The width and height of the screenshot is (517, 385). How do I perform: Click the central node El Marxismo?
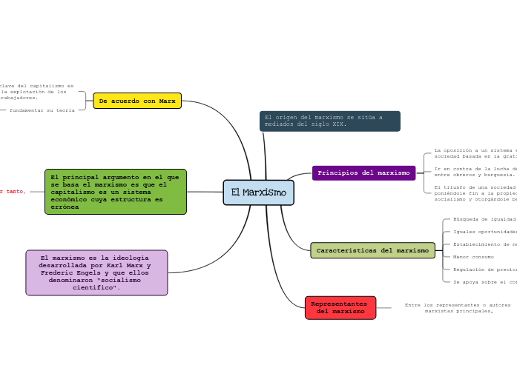pyautogui.click(x=258, y=192)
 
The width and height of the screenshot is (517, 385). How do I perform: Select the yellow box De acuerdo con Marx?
pyautogui.click(x=137, y=101)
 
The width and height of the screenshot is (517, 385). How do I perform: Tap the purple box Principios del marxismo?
pyautogui.click(x=363, y=173)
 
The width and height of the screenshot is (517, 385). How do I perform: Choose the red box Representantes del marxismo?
pyautogui.click(x=340, y=307)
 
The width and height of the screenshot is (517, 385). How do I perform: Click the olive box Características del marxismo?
pyautogui.click(x=372, y=250)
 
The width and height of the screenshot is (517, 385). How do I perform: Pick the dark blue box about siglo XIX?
pyautogui.click(x=329, y=121)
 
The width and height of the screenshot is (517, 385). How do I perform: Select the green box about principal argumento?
pyautogui.click(x=115, y=192)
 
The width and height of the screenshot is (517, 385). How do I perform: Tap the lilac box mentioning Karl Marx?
pyautogui.click(x=96, y=272)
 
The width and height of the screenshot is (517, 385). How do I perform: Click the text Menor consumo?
pyautogui.click(x=473, y=257)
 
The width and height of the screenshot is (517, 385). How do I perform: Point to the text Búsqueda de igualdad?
pyautogui.click(x=484, y=219)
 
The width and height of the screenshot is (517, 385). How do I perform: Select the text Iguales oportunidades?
pyautogui.click(x=484, y=232)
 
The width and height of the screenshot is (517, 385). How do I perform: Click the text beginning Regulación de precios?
pyautogui.click(x=484, y=269)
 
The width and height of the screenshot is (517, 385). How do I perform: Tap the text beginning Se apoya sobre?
pyautogui.click(x=484, y=282)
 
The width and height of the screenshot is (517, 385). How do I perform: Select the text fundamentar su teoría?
pyautogui.click(x=42, y=110)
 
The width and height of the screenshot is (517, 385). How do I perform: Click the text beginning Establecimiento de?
pyautogui.click(x=484, y=244)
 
